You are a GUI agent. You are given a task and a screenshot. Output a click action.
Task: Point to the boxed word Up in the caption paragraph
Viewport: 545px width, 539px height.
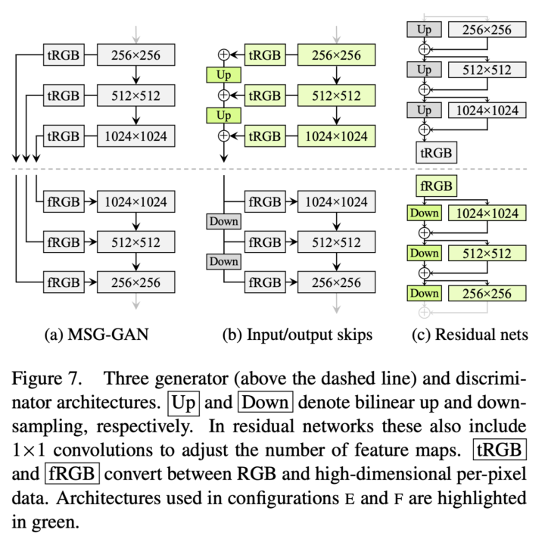click(185, 400)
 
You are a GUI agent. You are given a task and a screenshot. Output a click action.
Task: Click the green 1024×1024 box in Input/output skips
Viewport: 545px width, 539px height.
click(337, 136)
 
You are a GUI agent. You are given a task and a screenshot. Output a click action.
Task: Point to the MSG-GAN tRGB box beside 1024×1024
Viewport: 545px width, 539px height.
click(64, 136)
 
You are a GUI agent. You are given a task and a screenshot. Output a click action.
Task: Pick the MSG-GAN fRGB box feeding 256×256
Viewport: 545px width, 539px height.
click(64, 283)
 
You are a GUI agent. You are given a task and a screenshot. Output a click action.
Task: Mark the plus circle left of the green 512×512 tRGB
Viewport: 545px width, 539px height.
click(223, 96)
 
